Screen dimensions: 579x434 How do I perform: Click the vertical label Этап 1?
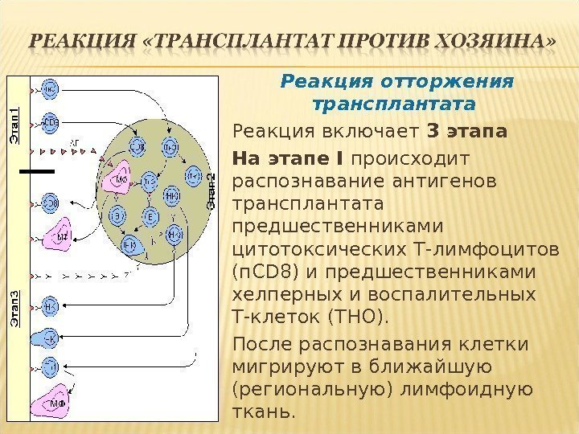(14, 127)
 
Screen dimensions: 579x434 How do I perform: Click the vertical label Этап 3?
(14, 306)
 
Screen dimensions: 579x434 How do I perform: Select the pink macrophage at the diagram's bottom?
(55, 398)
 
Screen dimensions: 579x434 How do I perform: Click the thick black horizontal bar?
(37, 172)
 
